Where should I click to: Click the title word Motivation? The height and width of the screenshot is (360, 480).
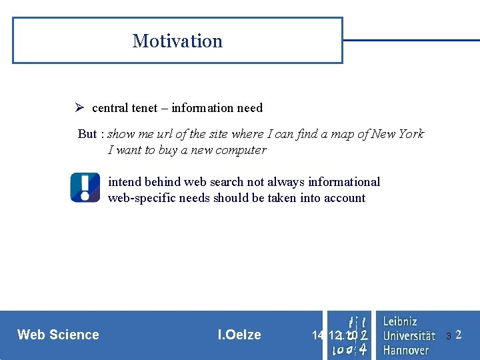[x=177, y=41]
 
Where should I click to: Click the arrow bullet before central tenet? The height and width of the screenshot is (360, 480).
[x=78, y=108]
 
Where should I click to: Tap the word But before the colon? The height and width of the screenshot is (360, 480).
[x=87, y=134]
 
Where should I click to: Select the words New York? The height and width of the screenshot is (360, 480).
[x=397, y=134]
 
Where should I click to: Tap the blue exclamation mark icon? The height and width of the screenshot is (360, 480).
[x=85, y=187]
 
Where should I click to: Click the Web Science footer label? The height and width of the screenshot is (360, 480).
[x=58, y=335]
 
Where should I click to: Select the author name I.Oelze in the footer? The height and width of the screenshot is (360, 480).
[x=239, y=335]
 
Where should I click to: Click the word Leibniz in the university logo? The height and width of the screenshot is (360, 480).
[x=400, y=321]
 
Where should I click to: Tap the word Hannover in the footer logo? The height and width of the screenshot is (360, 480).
[x=405, y=349]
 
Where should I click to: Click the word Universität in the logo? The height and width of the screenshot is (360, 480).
[x=409, y=335]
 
